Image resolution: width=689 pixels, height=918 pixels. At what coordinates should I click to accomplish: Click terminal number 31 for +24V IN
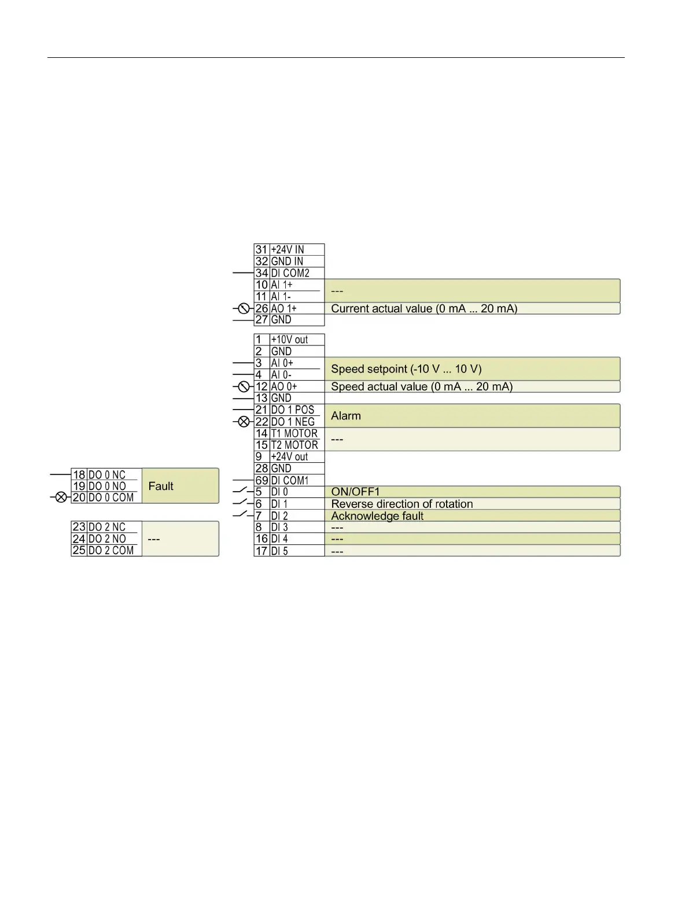tap(261, 250)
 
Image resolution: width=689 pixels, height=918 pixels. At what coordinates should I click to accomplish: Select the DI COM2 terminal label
tap(290, 273)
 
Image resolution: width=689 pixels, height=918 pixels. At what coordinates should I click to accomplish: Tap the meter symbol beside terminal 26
tap(244, 308)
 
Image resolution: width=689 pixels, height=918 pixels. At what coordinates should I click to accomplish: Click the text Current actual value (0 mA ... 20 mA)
tap(424, 308)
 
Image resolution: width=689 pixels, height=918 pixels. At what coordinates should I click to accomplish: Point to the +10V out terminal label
tap(289, 340)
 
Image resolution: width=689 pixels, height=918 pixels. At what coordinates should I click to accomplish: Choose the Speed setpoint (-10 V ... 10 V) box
tap(471, 369)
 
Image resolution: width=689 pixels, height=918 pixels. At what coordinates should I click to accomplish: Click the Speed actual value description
tap(422, 386)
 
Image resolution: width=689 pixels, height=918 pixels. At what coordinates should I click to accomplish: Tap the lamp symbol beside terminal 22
tap(244, 422)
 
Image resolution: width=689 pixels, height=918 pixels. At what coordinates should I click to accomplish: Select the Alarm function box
tap(471, 416)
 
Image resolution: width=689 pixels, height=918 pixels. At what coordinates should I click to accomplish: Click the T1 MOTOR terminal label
tap(294, 433)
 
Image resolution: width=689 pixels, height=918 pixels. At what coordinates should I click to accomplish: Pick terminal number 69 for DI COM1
tap(261, 480)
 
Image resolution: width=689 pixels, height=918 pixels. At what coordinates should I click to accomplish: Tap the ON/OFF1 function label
tap(355, 492)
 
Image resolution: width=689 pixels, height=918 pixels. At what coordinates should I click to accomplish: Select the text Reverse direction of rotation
tap(401, 504)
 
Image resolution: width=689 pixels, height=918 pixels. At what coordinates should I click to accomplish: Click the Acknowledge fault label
tap(377, 516)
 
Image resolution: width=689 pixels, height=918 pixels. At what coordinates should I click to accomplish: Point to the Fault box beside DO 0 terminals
tap(180, 486)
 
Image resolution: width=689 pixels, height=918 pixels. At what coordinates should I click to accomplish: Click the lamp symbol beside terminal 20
tap(61, 497)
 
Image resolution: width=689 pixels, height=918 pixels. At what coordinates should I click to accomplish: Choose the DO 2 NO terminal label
tap(107, 539)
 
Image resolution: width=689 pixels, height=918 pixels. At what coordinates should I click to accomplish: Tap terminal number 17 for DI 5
tap(261, 551)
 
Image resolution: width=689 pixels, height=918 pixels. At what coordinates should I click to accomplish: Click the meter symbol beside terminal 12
tap(244, 386)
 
